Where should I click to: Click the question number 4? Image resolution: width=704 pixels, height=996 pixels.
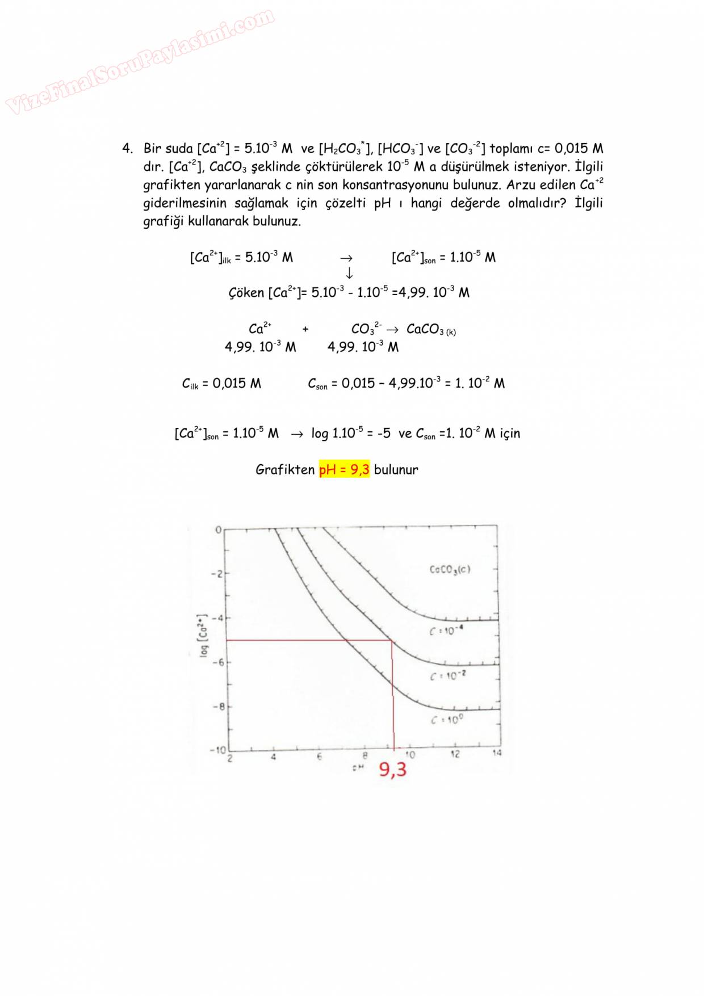(x=127, y=149)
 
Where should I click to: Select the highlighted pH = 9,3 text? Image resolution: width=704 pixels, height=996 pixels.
(x=344, y=469)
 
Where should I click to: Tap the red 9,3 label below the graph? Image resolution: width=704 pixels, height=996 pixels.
(x=393, y=770)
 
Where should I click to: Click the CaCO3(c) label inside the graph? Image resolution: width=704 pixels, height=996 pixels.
(x=450, y=569)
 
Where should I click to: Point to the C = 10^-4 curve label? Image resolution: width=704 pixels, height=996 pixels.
(x=446, y=631)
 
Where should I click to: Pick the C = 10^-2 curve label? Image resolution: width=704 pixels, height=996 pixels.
(x=448, y=676)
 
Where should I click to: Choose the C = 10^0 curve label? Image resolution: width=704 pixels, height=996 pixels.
(x=447, y=720)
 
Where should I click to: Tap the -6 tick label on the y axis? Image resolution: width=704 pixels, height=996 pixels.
(x=218, y=662)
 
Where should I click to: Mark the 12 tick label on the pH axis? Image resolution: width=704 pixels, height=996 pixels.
(x=455, y=755)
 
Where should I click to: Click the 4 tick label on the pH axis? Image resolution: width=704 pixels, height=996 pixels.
(x=273, y=757)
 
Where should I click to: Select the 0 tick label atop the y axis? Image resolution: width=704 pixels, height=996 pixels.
(x=218, y=530)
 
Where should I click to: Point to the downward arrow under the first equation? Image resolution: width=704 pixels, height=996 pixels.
(x=349, y=273)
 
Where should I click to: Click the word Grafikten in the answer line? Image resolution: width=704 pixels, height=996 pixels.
(x=285, y=469)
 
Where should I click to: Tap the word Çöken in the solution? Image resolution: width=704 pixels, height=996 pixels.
(x=246, y=293)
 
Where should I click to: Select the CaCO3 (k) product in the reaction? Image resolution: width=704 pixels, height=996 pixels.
(x=431, y=329)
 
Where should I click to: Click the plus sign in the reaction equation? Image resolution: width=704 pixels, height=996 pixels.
(x=305, y=329)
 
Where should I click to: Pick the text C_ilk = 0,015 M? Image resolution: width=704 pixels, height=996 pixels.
(x=221, y=384)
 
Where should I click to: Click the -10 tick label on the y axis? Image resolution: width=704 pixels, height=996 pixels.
(x=217, y=750)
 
